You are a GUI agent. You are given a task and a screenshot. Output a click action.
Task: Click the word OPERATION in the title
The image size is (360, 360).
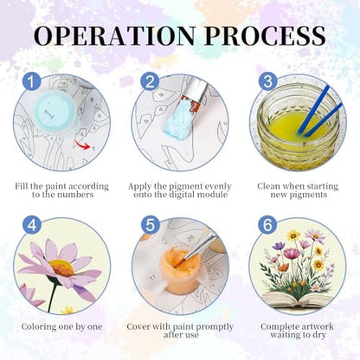point(114,35)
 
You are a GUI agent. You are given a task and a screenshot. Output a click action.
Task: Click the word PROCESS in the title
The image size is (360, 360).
point(266,35)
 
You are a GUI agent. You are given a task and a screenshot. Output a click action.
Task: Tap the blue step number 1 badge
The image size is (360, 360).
point(32,81)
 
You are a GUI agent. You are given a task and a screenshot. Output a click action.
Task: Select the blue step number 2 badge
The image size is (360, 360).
point(150,81)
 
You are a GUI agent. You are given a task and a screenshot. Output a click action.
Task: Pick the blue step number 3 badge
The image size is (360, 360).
point(267,81)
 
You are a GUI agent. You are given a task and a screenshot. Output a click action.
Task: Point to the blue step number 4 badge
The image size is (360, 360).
point(32,225)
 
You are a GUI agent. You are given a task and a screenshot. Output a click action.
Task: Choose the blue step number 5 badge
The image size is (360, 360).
point(150,225)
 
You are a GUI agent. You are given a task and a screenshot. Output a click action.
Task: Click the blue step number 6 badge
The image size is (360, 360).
point(267,225)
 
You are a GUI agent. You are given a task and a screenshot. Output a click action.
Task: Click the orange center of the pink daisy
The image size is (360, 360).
point(61,267)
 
